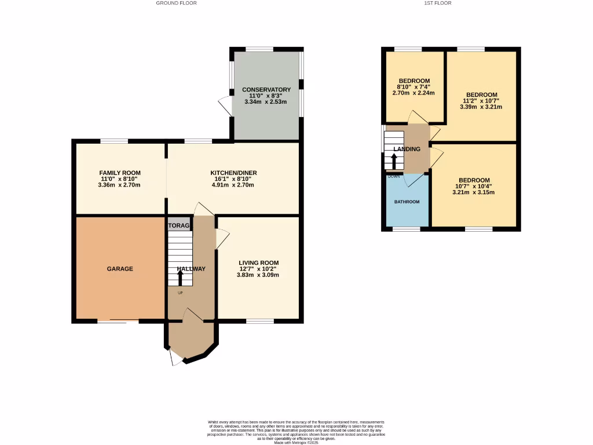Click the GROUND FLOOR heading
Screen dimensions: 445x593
pos(176,3)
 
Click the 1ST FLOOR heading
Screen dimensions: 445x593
pos(438,3)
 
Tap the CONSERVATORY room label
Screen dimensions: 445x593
pos(266,90)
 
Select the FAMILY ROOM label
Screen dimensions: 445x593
pos(120,173)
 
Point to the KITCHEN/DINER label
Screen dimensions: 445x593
pos(233,173)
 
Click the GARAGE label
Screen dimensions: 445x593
pos(120,269)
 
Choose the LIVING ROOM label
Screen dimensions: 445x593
pos(258,262)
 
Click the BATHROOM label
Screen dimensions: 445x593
pos(407,202)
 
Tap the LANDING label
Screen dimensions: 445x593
pos(407,149)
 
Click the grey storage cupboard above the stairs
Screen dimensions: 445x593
pos(179,225)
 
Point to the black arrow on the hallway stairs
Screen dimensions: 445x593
pos(180,278)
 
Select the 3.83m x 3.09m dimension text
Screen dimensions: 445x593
pos(258,275)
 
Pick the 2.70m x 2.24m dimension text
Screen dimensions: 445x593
pos(413,93)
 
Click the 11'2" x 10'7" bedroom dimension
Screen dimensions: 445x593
pos(481,101)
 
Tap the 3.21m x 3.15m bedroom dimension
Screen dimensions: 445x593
pos(474,192)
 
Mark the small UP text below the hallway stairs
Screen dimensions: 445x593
pos(180,293)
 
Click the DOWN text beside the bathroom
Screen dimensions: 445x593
pos(394,176)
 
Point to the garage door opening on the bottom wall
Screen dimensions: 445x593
pos(118,320)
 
